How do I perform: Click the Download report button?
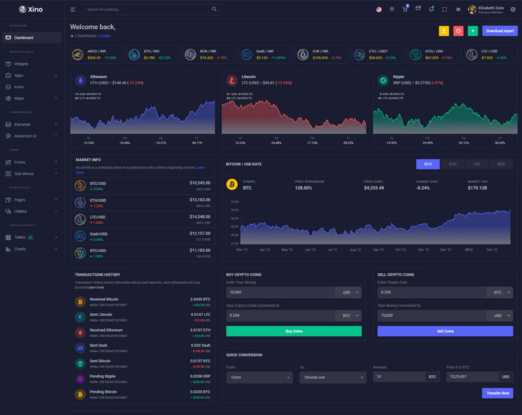(x=500, y=31)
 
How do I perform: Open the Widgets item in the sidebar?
(x=21, y=64)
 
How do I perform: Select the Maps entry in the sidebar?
(x=19, y=98)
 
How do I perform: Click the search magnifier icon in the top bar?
(x=214, y=10)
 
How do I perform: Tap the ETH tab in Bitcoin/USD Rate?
(x=452, y=164)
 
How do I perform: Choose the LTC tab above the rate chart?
(x=477, y=164)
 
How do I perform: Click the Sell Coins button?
(x=444, y=331)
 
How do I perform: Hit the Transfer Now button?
(x=497, y=393)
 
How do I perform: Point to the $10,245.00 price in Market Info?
(x=200, y=183)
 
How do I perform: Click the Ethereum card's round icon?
(x=80, y=80)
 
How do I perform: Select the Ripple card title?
(x=398, y=77)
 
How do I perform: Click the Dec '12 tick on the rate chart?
(x=446, y=249)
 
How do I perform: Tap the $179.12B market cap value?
(x=478, y=188)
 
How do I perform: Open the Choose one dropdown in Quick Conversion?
(x=332, y=377)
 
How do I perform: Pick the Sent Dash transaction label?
(x=99, y=345)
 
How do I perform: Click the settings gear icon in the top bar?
(x=514, y=9)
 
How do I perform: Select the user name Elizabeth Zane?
(x=491, y=8)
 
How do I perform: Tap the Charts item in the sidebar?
(x=20, y=249)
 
